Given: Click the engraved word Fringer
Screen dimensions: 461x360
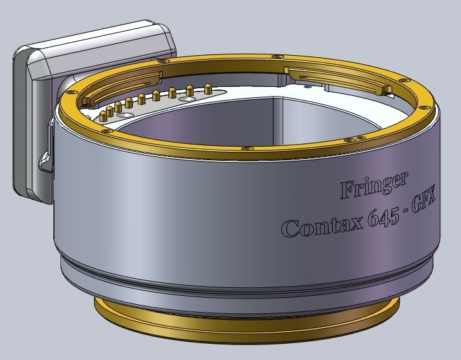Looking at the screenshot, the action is (x=374, y=186).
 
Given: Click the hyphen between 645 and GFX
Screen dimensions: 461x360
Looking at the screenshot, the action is (x=406, y=212).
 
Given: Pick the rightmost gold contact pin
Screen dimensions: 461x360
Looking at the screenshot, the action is (x=208, y=88).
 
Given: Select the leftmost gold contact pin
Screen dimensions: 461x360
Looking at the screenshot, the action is (x=103, y=116).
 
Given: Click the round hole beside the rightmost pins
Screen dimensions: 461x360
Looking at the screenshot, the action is (x=186, y=100).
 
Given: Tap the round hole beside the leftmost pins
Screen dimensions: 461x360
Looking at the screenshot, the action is (x=123, y=115).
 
